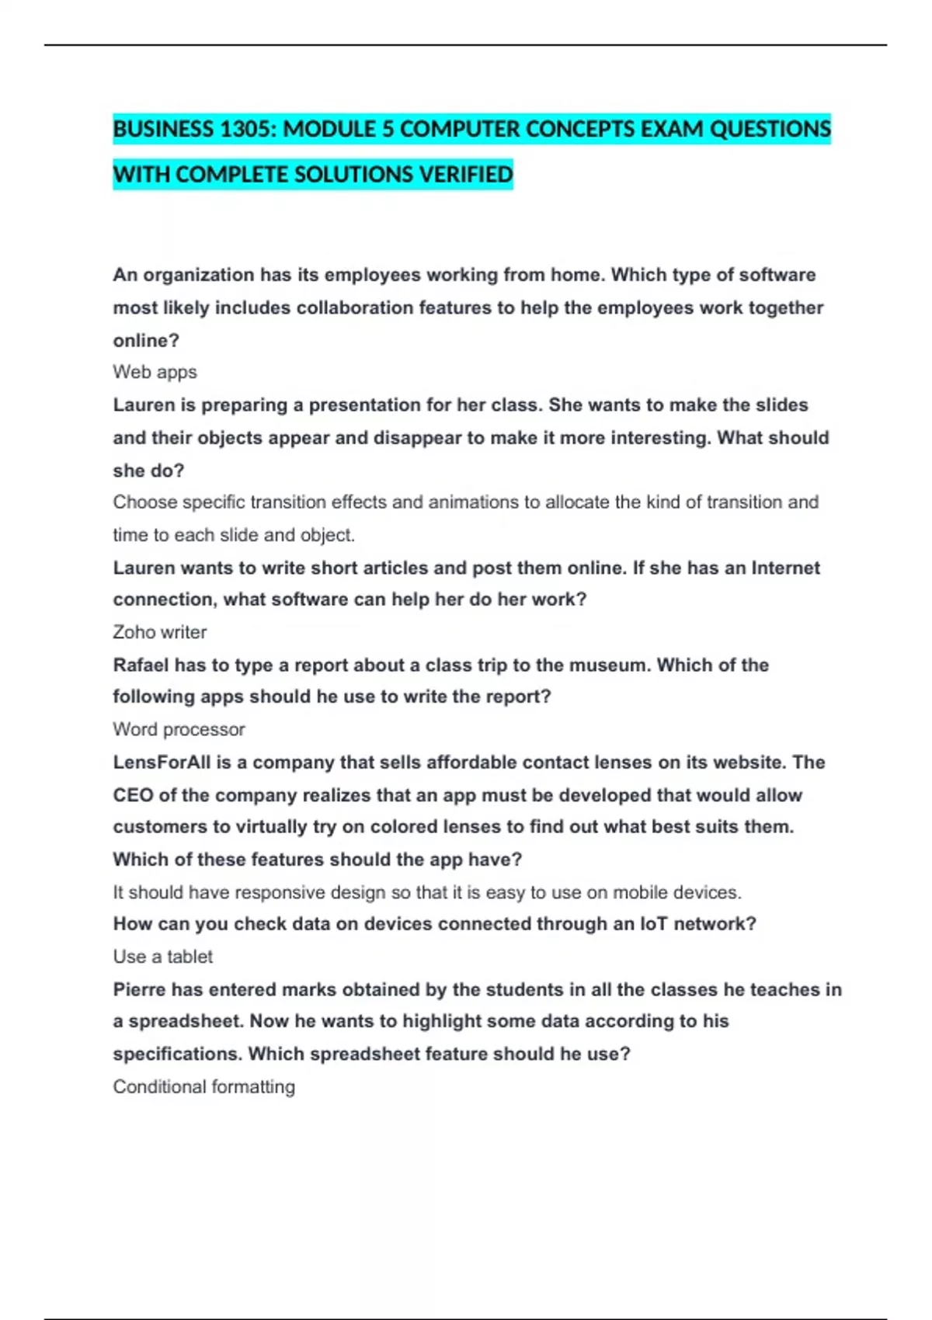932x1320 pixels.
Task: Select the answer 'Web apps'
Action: [x=155, y=372]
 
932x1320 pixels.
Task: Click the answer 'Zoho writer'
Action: [x=159, y=632]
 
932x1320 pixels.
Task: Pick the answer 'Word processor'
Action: [x=179, y=729]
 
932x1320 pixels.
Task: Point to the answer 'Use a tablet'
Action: [x=162, y=957]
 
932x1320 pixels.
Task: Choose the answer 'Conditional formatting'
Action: [x=203, y=1086]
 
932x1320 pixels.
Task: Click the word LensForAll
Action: [x=162, y=762]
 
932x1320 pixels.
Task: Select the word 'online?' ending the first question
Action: [x=146, y=340]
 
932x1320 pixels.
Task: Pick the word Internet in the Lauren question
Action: [x=785, y=568]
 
